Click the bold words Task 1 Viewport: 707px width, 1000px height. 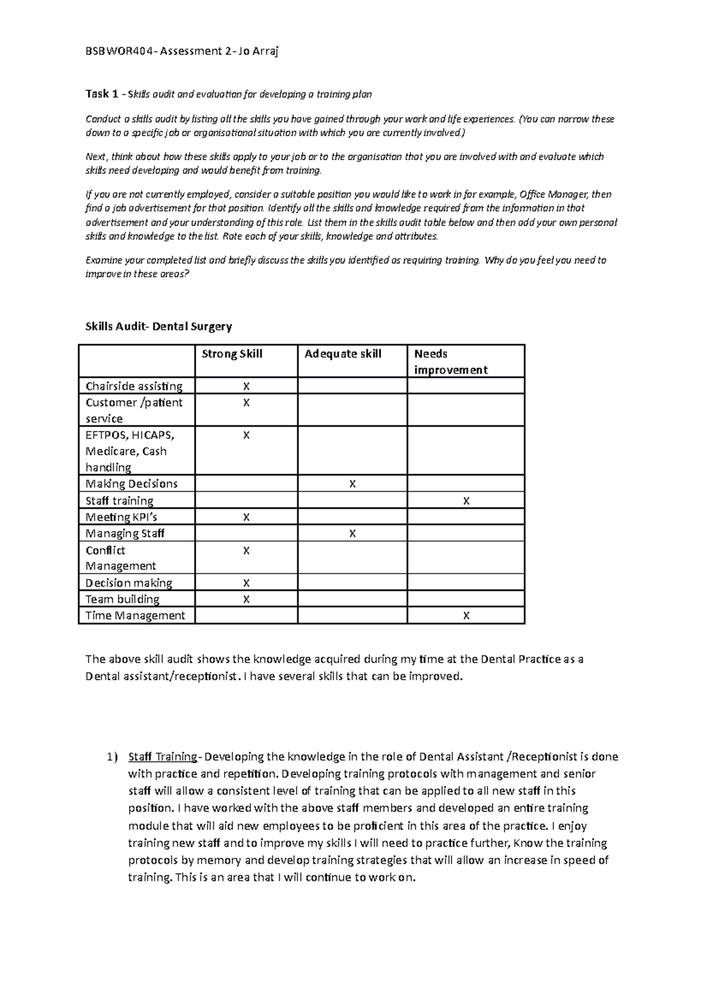pos(97,94)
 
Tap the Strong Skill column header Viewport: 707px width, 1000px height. pos(232,354)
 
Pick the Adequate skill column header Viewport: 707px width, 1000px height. pos(343,354)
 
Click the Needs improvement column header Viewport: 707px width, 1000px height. pos(451,362)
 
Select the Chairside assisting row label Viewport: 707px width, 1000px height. pos(134,386)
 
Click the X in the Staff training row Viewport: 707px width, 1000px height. pos(466,501)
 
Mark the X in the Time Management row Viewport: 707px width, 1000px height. pos(466,616)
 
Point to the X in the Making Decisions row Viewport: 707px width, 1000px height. pos(352,484)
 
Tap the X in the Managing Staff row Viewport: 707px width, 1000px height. pos(352,534)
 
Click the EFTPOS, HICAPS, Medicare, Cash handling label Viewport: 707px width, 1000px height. pos(130,451)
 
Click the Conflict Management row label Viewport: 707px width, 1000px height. pos(121,558)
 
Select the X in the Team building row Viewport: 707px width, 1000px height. pos(246,600)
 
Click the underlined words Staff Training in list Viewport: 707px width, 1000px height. pos(163,757)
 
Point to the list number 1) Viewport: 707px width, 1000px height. pos(112,757)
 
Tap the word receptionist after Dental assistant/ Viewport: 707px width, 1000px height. pos(206,677)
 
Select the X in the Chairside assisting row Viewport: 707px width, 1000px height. pos(246,386)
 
